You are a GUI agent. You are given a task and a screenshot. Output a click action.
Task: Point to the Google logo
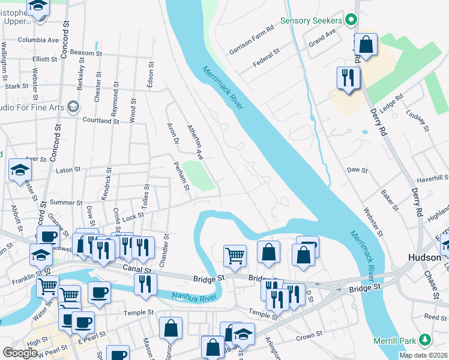tap(20, 353)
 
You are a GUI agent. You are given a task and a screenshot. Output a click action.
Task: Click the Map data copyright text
tap(423, 355)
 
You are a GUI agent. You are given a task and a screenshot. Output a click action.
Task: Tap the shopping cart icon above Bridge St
tap(235, 255)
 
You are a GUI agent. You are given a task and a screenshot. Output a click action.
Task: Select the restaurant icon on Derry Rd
tap(348, 77)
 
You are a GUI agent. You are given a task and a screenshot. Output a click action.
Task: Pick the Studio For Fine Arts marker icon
tap(73, 107)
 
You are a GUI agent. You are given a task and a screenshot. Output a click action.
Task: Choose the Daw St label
tap(357, 170)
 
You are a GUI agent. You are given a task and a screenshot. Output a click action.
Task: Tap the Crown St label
tap(309, 337)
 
